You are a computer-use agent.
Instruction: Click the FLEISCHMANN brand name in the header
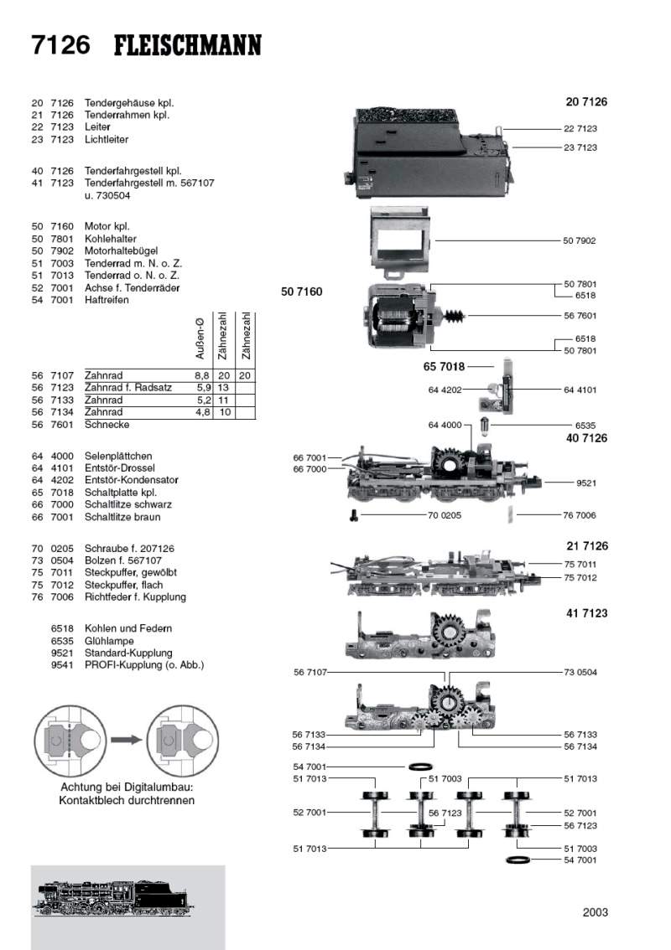click(x=187, y=45)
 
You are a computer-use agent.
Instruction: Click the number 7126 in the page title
click(x=60, y=45)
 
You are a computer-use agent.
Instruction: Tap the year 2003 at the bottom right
click(x=595, y=912)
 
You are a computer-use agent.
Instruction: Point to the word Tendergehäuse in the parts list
click(x=117, y=103)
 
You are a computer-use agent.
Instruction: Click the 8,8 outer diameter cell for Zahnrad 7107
click(x=201, y=376)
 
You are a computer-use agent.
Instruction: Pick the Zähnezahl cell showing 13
click(x=223, y=388)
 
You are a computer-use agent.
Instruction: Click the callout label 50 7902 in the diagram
click(x=580, y=241)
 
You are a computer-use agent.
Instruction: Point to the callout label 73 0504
click(x=580, y=673)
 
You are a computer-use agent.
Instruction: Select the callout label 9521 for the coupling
click(x=586, y=483)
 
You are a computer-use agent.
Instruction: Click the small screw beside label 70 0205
click(x=354, y=515)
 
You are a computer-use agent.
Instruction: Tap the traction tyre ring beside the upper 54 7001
click(x=419, y=767)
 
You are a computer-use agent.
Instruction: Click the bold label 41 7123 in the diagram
click(x=586, y=613)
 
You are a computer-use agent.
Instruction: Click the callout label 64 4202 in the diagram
click(x=445, y=389)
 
